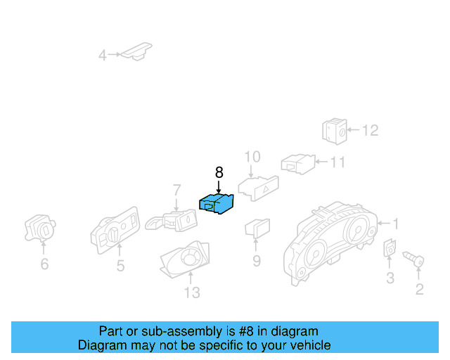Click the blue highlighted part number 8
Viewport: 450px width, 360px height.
pos(217,203)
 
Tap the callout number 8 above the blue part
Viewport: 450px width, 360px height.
pos(219,172)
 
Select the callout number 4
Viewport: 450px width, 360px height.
pos(103,55)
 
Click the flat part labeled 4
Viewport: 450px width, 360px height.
pos(136,51)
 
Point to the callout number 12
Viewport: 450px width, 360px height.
pos(371,130)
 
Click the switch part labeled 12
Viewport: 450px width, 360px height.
pos(335,131)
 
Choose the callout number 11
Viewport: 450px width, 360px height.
pos(337,162)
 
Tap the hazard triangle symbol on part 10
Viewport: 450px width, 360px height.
pos(266,188)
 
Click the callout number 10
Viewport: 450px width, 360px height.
pos(252,157)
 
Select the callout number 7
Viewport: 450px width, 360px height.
pos(176,190)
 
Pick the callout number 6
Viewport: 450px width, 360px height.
pos(44,264)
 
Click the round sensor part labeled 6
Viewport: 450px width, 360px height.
pos(40,228)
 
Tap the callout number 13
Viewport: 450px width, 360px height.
pos(192,292)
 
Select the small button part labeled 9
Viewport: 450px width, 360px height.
pos(257,228)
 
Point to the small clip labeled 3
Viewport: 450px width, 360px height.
pos(390,247)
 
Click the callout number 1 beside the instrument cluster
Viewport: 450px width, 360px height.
pos(396,224)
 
